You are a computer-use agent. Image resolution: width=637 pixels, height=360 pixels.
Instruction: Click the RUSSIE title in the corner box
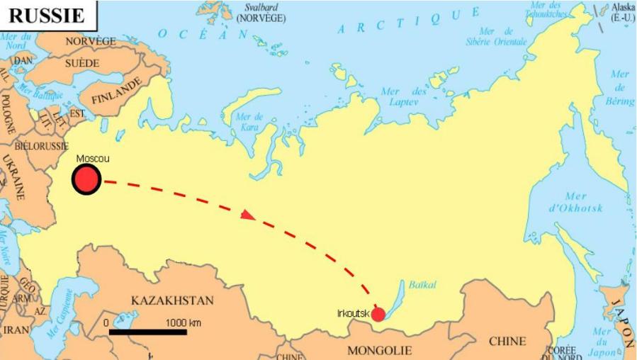[x=47, y=14]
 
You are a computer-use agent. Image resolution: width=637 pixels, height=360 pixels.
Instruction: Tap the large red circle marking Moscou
[x=86, y=179]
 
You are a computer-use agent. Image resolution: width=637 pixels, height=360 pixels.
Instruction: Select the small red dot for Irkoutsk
[x=378, y=314]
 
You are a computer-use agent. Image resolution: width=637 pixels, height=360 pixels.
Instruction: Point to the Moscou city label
[x=93, y=159]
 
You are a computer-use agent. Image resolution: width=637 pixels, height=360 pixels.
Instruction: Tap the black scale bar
[x=147, y=332]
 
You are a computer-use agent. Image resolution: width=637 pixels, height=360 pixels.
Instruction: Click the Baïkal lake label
[x=422, y=285]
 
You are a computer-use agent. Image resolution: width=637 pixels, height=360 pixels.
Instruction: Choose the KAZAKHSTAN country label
[x=172, y=300]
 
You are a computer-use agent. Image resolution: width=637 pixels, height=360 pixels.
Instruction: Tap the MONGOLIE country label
[x=379, y=350]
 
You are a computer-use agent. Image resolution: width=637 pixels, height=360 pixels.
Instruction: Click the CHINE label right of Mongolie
[x=507, y=341]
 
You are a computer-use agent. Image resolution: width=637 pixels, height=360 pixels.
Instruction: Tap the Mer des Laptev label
[x=403, y=96]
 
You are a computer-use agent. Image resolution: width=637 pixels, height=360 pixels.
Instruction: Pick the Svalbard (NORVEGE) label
[x=261, y=12]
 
